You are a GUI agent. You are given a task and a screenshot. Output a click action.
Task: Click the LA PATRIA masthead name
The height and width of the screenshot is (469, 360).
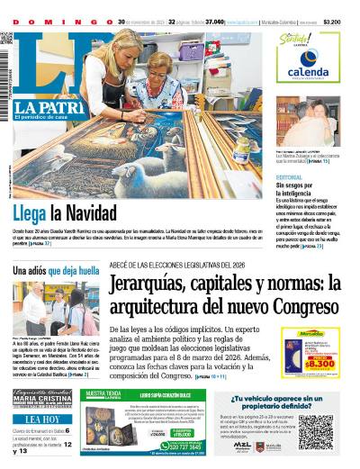[x=38, y=108]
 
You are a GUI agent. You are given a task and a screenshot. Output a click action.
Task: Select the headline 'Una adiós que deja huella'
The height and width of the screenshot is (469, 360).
[x=55, y=270]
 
